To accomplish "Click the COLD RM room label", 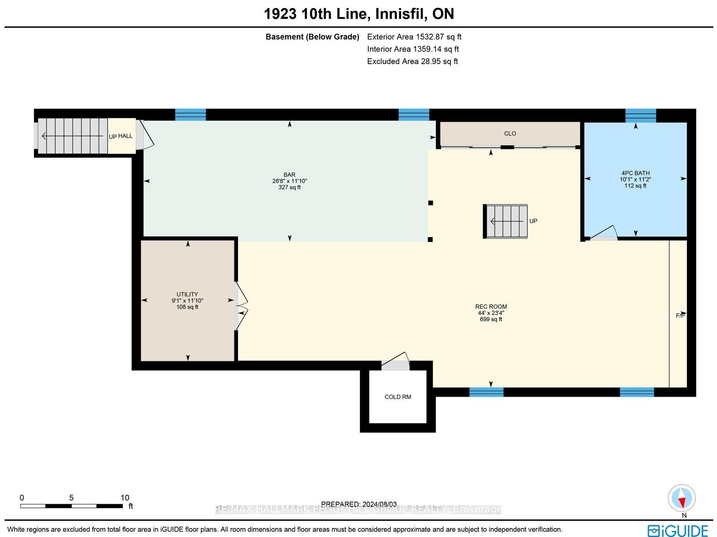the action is (x=397, y=397).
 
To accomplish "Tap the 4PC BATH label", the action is (x=635, y=173).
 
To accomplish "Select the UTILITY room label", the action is (x=187, y=294).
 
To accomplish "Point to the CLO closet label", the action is (x=510, y=134).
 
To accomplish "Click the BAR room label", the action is (x=289, y=175).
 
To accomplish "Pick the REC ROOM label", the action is (x=491, y=307).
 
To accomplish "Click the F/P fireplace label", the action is (x=680, y=316).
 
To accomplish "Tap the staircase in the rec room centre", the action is (x=505, y=221).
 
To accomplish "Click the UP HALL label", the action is (x=121, y=136).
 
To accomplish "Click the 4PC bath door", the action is (x=604, y=233).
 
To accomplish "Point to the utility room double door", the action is (x=241, y=306).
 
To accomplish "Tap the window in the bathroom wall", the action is (x=640, y=115).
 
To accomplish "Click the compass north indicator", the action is (x=682, y=498).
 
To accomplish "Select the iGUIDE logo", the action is (x=678, y=531).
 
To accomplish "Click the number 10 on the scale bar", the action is (x=125, y=498).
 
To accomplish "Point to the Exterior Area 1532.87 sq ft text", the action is (x=414, y=37).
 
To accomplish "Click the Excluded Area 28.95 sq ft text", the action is (x=412, y=61).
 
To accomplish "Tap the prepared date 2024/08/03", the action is (x=379, y=504).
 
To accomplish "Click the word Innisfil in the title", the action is (x=401, y=14).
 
